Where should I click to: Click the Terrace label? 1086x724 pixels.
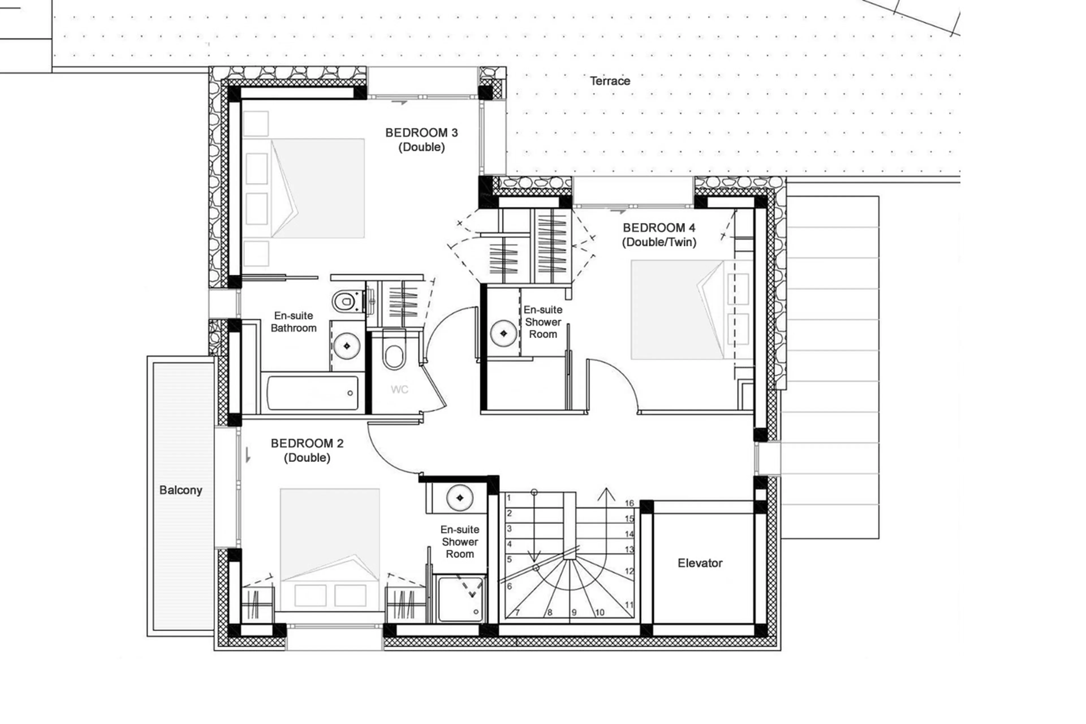click(x=609, y=81)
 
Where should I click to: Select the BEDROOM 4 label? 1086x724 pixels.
click(x=659, y=228)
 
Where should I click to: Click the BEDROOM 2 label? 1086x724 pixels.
click(x=307, y=443)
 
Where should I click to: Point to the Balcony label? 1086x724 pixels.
click(x=180, y=490)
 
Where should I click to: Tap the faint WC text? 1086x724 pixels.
click(x=399, y=390)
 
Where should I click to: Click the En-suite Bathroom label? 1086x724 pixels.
click(x=294, y=322)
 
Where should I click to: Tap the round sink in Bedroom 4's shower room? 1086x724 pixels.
click(x=503, y=333)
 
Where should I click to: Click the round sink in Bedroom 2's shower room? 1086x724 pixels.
click(x=460, y=498)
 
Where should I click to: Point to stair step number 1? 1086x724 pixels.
click(x=509, y=498)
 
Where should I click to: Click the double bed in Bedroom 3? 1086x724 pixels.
click(x=318, y=188)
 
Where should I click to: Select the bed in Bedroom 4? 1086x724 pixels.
click(x=677, y=309)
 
